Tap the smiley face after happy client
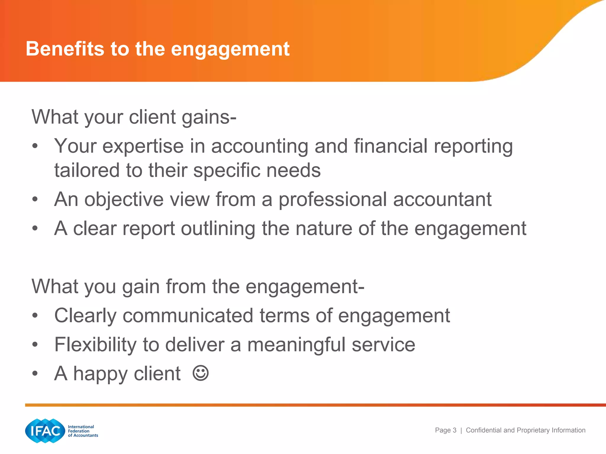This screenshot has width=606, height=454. pyautogui.click(x=201, y=373)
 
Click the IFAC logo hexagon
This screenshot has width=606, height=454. pyautogui.click(x=45, y=431)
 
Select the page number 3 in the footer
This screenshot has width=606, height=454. pyautogui.click(x=454, y=430)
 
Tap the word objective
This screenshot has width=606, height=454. pyautogui.click(x=124, y=200)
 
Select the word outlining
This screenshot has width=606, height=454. pyautogui.click(x=218, y=228)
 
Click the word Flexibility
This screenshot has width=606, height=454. pyautogui.click(x=95, y=345)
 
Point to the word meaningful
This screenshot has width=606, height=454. pyautogui.click(x=296, y=345)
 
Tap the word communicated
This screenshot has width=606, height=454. pyautogui.click(x=188, y=316)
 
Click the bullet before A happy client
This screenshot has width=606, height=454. pyautogui.click(x=35, y=374)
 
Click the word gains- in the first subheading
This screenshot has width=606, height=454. pyautogui.click(x=209, y=117)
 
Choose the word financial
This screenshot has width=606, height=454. pyautogui.click(x=391, y=146)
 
